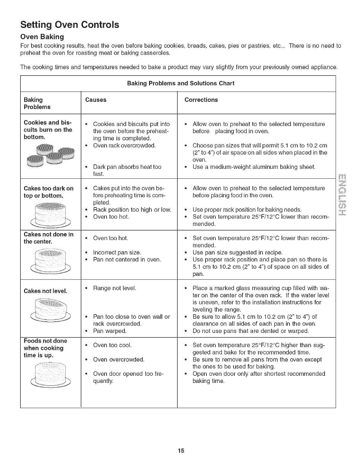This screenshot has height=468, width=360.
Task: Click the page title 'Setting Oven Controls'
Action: [70, 24]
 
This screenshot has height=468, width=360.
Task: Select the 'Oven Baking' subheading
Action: [42, 37]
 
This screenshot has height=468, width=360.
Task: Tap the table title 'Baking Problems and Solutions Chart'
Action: [181, 83]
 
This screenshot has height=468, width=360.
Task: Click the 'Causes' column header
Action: [96, 100]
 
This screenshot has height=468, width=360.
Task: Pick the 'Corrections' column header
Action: [201, 100]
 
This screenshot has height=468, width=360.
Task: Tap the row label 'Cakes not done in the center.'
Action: [48, 238]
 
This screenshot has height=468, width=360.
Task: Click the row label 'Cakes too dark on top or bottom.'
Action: [48, 192]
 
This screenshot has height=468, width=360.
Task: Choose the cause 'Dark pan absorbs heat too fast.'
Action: [127, 170]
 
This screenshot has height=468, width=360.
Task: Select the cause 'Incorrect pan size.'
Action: [117, 252]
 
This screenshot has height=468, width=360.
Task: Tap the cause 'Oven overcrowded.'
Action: [119, 359]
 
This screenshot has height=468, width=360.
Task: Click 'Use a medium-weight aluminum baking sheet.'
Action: [254, 167]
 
